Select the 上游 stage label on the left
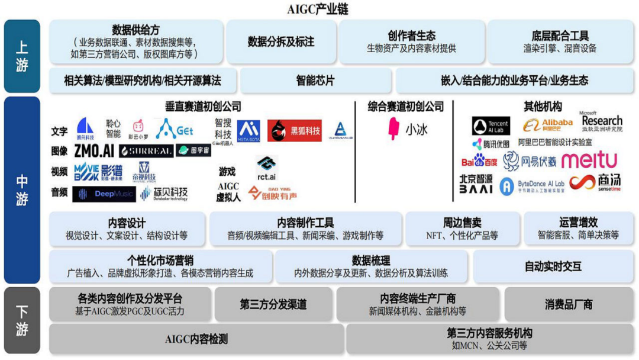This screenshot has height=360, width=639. [22, 56]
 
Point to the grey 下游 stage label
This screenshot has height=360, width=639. [22, 320]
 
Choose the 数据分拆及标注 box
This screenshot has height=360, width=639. [281, 42]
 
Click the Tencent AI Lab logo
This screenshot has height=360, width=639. [491, 126]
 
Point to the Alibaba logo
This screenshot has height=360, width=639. [548, 125]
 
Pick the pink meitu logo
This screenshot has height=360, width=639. [589, 160]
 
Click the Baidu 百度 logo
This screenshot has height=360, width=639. [479, 161]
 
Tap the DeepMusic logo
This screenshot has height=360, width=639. [104, 194]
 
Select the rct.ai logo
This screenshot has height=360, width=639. [266, 169]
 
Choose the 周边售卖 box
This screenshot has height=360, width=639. [462, 229]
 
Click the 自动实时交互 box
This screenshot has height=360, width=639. [553, 266]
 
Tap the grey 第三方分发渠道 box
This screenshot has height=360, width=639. [273, 304]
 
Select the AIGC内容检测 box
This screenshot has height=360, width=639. [196, 339]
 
